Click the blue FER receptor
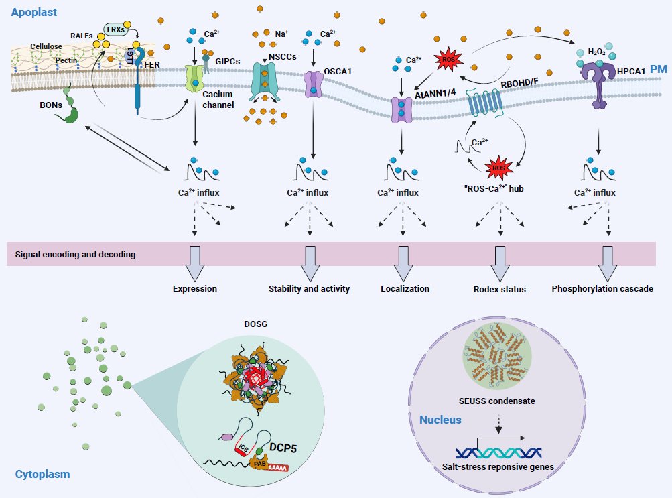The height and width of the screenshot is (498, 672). pos(138,87)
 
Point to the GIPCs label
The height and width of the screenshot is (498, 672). pos(228,61)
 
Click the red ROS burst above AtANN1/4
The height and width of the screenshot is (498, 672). pos(448,60)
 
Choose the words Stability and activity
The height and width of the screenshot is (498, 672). pos(309,289)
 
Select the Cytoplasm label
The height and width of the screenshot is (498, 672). pos(42,475)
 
